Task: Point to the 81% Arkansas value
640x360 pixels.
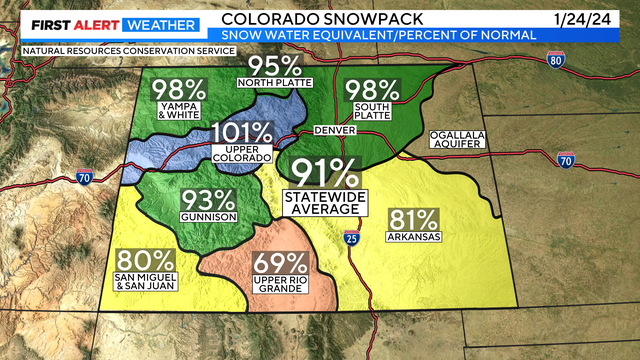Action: coord(412,220)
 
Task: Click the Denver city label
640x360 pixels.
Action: coord(334,131)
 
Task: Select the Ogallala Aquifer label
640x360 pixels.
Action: coord(457,139)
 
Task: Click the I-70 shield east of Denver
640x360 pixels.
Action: coord(565,159)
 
